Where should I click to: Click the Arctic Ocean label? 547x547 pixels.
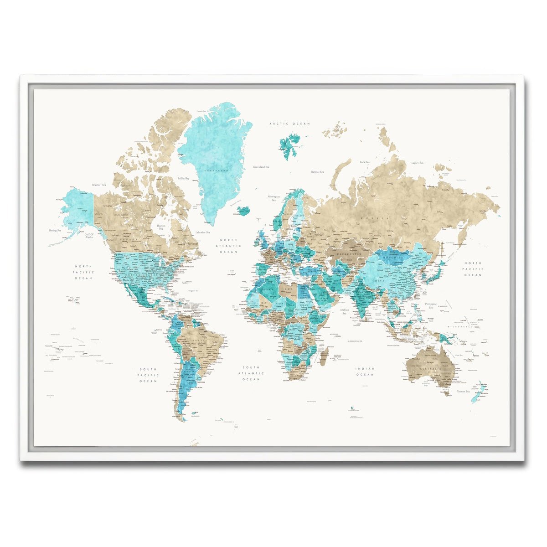click(289, 124)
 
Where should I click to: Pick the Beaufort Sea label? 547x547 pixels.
click(99, 185)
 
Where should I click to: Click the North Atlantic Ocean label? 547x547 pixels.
click(229, 246)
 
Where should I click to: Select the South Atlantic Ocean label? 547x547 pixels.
click(251, 373)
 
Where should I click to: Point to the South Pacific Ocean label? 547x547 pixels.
click(148, 375)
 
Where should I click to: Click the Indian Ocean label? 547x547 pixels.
click(365, 372)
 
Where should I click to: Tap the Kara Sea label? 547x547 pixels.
click(364, 162)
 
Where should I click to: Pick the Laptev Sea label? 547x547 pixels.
click(417, 163)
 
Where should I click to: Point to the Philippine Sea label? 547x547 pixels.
click(431, 305)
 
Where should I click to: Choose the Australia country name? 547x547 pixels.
click(430, 368)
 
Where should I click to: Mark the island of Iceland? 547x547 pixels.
click(244, 210)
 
